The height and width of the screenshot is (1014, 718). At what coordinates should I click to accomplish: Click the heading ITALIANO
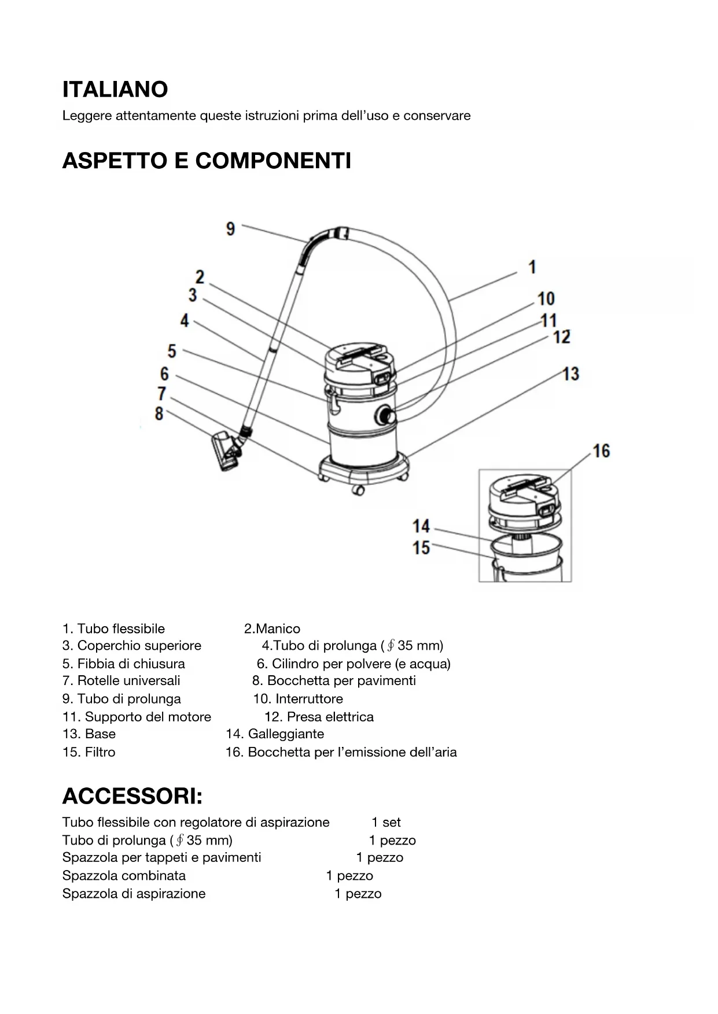[115, 90]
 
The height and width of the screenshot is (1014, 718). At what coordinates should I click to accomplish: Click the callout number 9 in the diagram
[230, 229]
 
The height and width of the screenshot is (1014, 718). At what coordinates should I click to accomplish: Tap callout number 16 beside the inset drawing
[601, 451]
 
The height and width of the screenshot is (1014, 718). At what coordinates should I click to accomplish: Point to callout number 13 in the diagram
[570, 374]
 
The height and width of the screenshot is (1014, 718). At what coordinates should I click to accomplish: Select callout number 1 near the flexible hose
[532, 267]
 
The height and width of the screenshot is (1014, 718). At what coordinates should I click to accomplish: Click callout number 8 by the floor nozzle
[159, 414]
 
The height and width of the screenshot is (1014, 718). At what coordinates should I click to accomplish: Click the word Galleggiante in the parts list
[286, 734]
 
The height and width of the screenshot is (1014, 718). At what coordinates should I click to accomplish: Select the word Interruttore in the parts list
[309, 699]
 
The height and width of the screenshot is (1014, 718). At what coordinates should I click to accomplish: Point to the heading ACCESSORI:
[132, 797]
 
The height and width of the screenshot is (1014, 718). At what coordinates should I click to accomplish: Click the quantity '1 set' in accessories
[386, 823]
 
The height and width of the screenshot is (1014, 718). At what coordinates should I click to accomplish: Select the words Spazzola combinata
[124, 876]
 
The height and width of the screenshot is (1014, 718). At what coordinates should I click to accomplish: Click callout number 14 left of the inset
[421, 527]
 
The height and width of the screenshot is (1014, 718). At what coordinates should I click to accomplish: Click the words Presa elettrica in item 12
[330, 717]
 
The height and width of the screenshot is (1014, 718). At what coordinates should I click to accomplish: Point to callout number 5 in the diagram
[172, 351]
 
